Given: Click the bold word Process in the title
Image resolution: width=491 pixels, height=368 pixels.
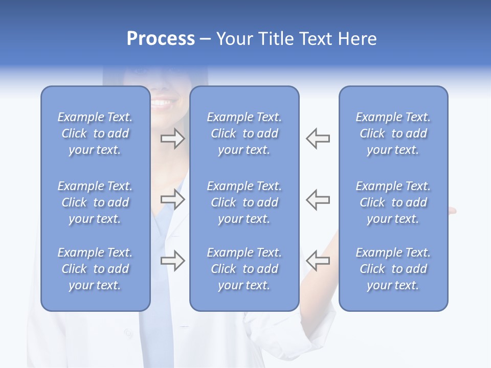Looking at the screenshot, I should click(x=161, y=39).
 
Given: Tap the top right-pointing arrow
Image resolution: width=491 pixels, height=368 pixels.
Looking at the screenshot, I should click(x=172, y=139).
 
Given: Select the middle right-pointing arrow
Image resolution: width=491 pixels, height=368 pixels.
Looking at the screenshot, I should click(x=172, y=199).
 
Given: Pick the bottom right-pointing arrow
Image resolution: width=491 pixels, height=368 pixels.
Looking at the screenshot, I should click(x=172, y=260).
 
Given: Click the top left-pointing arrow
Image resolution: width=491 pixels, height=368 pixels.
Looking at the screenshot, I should click(x=318, y=139).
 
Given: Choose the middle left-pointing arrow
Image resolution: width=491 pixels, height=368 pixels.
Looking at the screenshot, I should click(x=318, y=199).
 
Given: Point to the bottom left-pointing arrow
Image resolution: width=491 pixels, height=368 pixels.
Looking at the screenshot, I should click(x=318, y=260).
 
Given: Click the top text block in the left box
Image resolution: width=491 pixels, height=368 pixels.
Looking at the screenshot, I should click(x=95, y=133).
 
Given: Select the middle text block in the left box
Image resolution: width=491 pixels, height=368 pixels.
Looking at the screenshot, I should click(x=95, y=202).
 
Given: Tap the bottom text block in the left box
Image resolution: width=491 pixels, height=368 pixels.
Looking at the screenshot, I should click(x=95, y=269).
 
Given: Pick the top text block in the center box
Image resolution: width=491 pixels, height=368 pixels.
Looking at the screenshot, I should click(x=244, y=133).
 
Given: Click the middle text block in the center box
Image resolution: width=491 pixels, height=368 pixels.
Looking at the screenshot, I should click(x=244, y=202).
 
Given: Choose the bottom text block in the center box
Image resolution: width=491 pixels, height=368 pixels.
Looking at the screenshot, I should click(x=244, y=269).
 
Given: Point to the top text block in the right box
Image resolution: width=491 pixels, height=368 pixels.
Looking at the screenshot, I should click(x=393, y=133).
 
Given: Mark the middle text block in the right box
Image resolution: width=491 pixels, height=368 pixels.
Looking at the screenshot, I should click(x=393, y=202).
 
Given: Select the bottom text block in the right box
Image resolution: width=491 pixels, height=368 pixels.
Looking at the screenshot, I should click(x=393, y=269).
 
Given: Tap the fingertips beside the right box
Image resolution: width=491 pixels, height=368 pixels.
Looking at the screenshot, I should click(x=452, y=210).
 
